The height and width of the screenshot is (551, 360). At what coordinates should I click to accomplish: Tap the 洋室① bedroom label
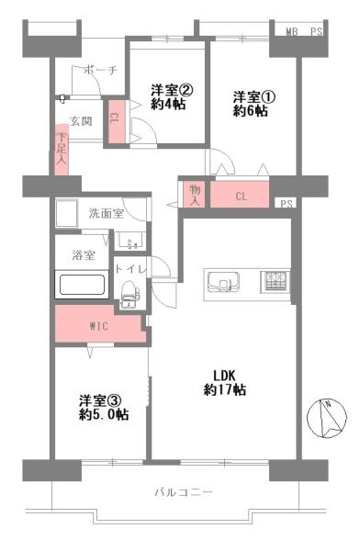point(250,96)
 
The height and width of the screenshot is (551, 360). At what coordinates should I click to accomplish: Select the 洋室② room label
point(172,90)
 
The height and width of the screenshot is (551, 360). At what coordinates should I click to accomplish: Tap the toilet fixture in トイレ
point(129,292)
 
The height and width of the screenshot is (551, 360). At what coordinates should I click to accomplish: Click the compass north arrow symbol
point(324,419)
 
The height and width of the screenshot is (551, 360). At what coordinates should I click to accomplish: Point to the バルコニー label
point(183,493)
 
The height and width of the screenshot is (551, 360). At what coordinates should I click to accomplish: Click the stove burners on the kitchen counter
point(276,280)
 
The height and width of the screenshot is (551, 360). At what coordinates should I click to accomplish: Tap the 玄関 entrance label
point(80,121)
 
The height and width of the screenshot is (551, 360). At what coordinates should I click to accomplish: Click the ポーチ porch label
point(99,71)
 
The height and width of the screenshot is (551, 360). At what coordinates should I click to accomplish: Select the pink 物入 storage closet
point(195,194)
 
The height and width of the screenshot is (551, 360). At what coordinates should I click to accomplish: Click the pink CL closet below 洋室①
point(241,196)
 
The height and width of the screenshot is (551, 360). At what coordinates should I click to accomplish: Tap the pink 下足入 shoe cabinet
point(61,149)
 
